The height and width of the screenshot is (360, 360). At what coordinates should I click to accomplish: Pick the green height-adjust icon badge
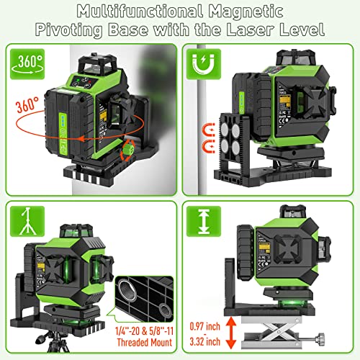pos(202,222)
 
